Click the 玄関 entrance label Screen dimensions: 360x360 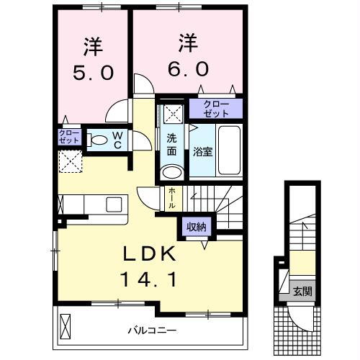(x=302, y=292)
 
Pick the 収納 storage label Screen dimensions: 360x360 (x=196, y=227)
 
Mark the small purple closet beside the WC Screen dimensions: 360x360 (x=71, y=138)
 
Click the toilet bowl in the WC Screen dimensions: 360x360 (x=99, y=140)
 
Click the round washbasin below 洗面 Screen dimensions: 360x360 (x=171, y=171)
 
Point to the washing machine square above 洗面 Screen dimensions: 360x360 (x=171, y=112)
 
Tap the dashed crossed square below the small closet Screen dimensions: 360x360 (x=71, y=161)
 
